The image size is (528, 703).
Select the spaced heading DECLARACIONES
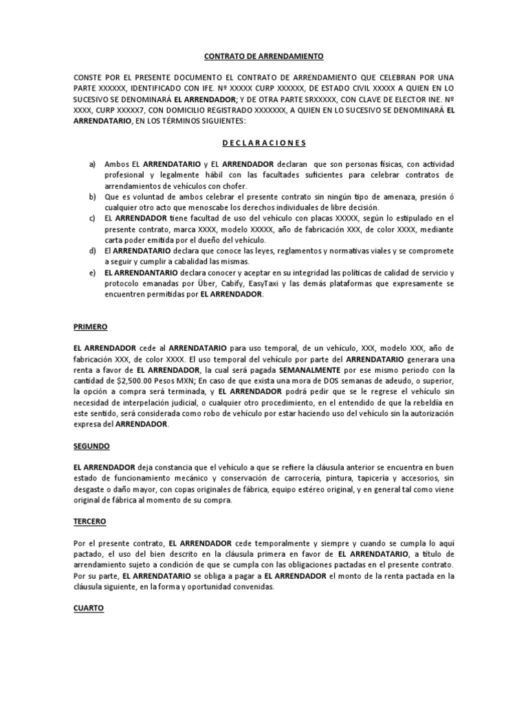click(x=265, y=143)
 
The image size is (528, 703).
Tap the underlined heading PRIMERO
click(x=91, y=327)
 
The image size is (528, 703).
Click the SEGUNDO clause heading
click(x=91, y=446)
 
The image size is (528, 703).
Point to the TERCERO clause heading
click(x=90, y=522)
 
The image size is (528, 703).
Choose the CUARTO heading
click(x=89, y=608)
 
